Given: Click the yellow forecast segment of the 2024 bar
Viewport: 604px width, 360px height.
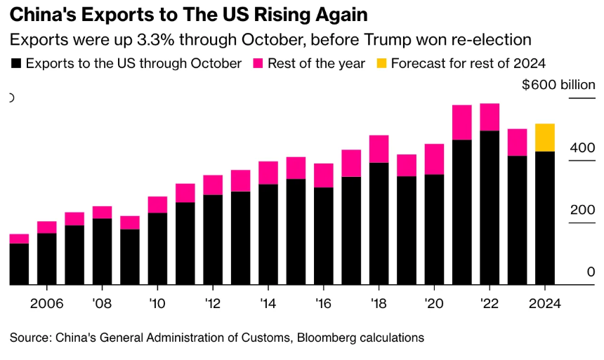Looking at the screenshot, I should coord(545,138).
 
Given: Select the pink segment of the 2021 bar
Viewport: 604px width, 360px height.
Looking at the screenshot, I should coord(461,122).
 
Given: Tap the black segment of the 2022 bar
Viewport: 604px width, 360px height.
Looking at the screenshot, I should coord(489,207).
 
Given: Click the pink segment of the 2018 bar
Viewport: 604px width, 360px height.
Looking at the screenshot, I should coord(379,149).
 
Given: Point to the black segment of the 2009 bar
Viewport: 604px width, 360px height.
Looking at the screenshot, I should coord(130,257).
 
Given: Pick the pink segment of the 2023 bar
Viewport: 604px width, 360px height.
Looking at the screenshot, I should coord(517,142).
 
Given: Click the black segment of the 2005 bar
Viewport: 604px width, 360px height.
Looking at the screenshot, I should coord(19,264).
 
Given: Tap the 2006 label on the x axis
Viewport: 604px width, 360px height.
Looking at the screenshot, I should coord(46,305).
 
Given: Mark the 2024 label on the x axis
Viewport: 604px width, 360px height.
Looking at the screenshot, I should coord(545,305).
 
